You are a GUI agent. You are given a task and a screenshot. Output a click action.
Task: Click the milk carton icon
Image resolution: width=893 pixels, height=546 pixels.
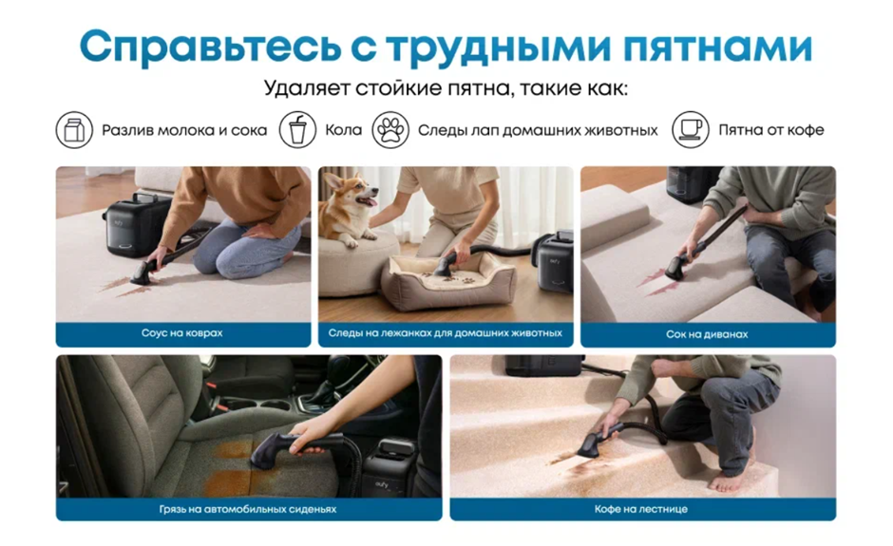pos(74,130)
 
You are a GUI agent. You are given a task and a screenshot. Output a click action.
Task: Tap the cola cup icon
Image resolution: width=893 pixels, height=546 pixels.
pos(297,130)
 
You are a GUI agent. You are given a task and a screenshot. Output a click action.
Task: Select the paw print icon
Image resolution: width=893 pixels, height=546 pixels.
pos(390,130)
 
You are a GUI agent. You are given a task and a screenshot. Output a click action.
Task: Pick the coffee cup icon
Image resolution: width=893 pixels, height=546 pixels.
pos(691,130)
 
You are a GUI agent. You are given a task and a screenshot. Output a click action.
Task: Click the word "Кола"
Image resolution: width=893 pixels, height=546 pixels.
pos(343,130)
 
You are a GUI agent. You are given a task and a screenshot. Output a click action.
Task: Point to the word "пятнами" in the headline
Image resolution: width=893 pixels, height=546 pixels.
pos(717,47)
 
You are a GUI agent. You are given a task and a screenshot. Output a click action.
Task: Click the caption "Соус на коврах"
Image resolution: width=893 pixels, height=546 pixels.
pos(182,333)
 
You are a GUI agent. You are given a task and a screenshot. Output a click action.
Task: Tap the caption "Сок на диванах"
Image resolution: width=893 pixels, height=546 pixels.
pos(707,334)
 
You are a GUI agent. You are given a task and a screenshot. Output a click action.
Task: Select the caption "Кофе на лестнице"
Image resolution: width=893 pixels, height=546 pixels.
pos(640,509)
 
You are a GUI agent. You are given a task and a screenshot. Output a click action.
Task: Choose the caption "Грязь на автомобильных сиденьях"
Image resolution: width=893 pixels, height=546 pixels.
pos(248,509)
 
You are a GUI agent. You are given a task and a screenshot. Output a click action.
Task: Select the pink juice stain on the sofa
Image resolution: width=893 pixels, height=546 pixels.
pos(660,282)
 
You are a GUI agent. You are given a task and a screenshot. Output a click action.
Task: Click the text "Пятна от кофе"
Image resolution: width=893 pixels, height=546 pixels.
pos(771,130)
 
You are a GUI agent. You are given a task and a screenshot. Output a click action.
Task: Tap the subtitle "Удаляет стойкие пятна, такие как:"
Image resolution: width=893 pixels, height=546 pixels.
pos(446,89)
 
